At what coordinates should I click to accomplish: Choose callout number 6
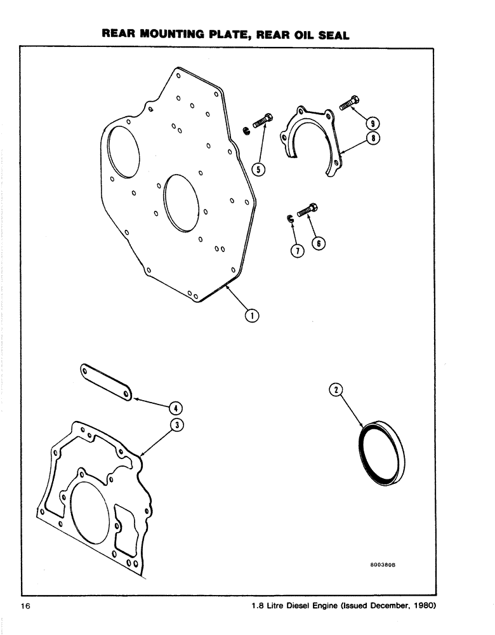click(x=318, y=243)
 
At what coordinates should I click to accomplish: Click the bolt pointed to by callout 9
click(x=350, y=102)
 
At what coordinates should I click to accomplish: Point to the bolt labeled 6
click(x=307, y=210)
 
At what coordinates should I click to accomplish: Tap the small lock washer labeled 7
click(x=288, y=219)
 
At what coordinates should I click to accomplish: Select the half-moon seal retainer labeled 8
click(x=311, y=137)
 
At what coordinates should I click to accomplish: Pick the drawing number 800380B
click(x=386, y=563)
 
